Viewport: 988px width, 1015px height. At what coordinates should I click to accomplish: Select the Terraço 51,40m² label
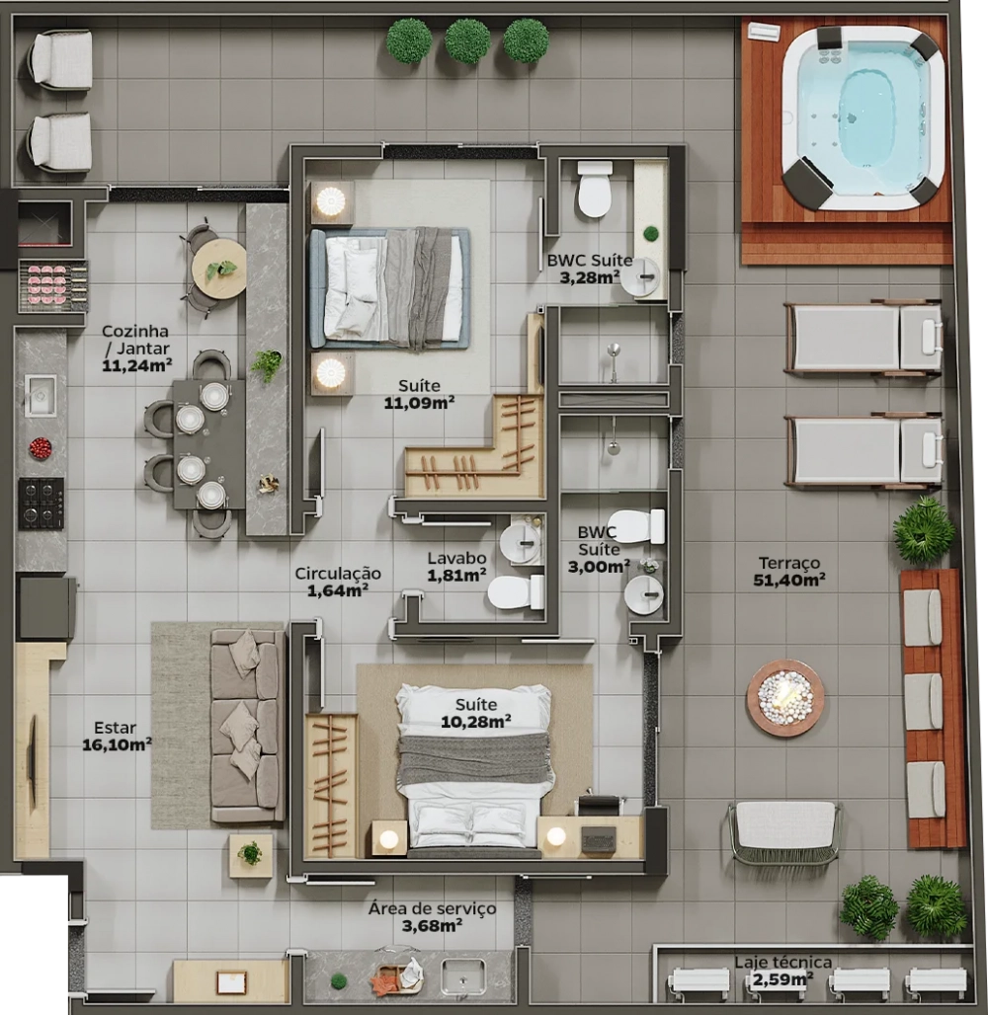(789, 571)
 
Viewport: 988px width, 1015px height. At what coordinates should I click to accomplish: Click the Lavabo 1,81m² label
(456, 567)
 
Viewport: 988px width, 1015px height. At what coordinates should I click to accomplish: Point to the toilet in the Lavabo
(516, 591)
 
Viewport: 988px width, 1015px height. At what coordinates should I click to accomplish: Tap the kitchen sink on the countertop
(41, 395)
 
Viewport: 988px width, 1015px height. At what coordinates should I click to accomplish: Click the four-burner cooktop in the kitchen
(41, 503)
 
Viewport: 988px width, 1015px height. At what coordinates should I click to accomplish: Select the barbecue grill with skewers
(52, 283)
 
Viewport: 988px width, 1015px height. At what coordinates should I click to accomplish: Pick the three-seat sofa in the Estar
(247, 727)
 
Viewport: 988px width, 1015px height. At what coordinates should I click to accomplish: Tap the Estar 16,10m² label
(117, 737)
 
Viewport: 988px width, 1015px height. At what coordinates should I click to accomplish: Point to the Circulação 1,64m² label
(338, 582)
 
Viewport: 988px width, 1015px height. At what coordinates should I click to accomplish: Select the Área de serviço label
(432, 908)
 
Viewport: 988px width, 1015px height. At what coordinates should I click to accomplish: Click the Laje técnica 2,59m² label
(782, 971)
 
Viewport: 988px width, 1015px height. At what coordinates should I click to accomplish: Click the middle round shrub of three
(467, 40)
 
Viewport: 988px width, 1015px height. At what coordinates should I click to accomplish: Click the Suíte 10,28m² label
(476, 713)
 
